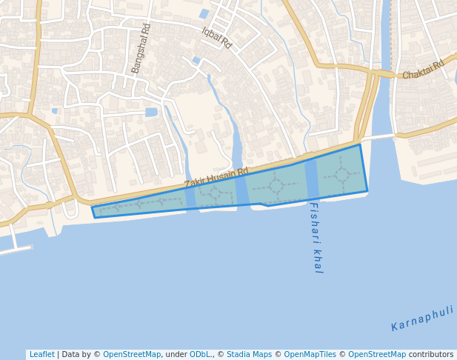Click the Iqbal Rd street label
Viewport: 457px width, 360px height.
[217, 38]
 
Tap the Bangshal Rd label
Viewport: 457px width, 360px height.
[141, 48]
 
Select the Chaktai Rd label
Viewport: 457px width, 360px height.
[422, 70]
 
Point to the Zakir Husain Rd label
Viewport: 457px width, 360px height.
[216, 177]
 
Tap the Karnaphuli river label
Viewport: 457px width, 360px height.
[422, 318]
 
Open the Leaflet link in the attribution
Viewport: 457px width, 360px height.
[41, 355]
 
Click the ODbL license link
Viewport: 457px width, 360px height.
[200, 355]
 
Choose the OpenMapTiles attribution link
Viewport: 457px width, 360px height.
[310, 355]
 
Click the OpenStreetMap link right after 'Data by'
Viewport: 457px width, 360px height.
[132, 355]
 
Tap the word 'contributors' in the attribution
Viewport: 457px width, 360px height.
[431, 355]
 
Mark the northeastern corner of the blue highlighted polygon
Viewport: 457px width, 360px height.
[360, 144]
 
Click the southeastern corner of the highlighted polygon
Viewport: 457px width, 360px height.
[367, 192]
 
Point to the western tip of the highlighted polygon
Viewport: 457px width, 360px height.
[93, 208]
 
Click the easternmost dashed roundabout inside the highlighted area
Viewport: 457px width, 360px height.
[342, 176]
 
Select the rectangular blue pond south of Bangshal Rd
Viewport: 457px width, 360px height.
[151, 113]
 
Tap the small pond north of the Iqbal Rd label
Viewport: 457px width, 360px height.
[204, 13]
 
